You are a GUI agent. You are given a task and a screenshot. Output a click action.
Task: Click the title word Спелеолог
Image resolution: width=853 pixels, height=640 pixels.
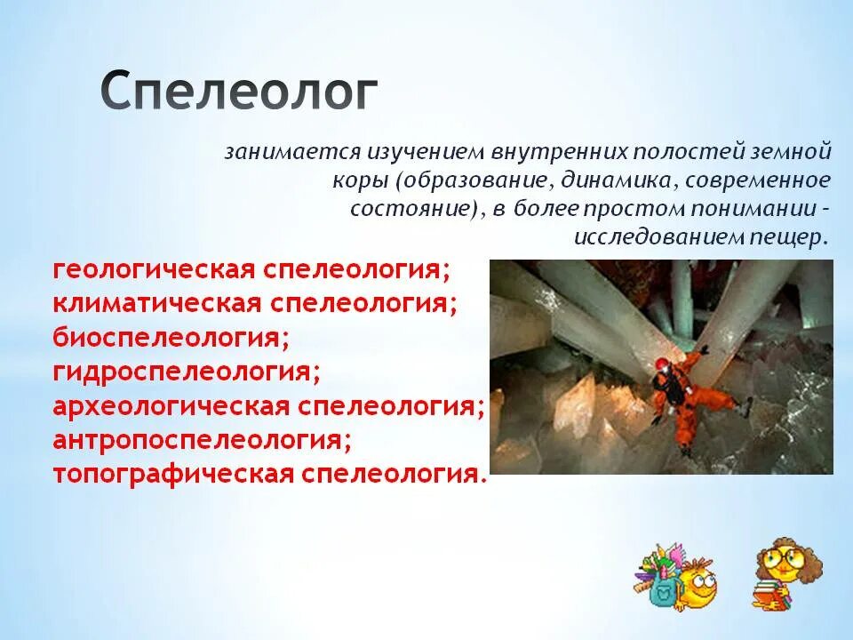(x=238, y=92)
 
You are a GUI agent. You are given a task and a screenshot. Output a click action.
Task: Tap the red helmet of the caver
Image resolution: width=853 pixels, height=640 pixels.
(x=665, y=364)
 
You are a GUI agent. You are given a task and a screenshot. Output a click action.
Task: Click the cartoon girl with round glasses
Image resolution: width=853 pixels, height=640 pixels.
(x=787, y=569)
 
